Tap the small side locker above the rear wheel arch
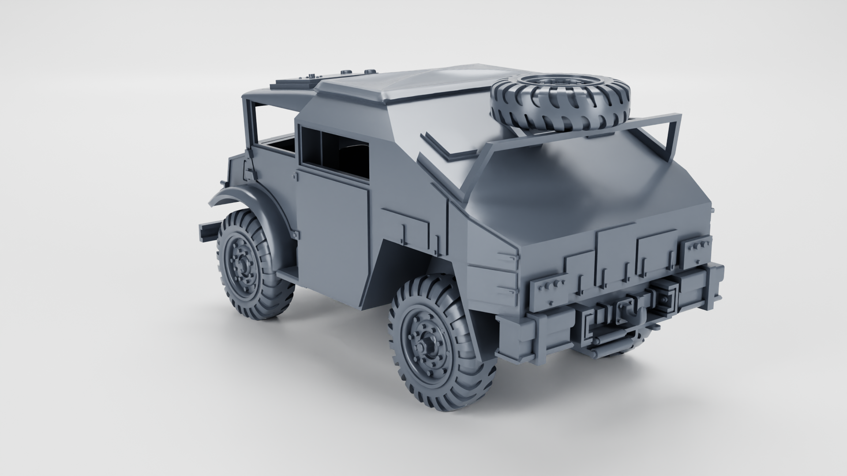pyautogui.click(x=405, y=225)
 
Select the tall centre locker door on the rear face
pyautogui.click(x=615, y=260)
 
